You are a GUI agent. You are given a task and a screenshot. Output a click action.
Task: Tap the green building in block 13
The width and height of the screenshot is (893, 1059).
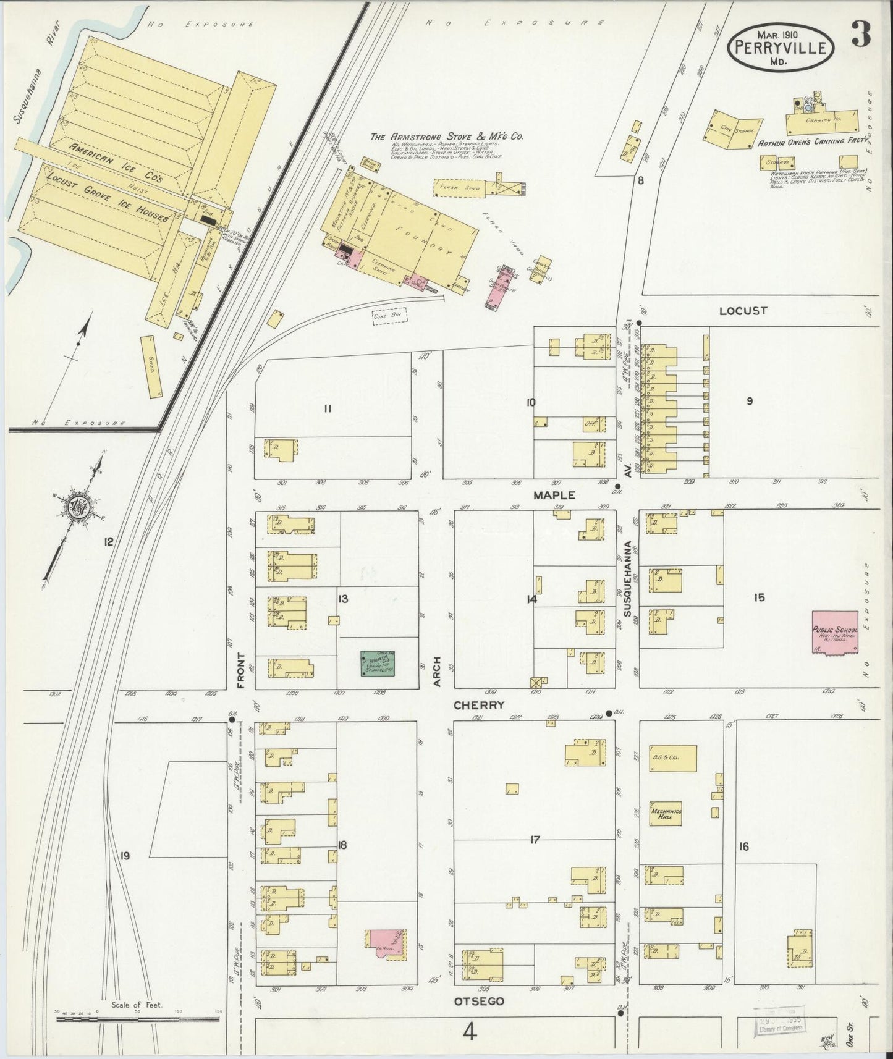pyautogui.click(x=378, y=664)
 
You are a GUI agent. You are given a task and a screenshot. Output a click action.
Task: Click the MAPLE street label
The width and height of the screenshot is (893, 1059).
pyautogui.click(x=554, y=495)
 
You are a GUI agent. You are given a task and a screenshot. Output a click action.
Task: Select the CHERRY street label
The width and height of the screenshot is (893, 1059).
pyautogui.click(x=479, y=705)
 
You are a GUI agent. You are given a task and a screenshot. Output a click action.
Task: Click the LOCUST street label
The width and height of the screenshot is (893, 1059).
pyautogui.click(x=743, y=311)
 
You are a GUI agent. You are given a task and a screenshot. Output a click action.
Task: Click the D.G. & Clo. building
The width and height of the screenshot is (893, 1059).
pyautogui.click(x=672, y=758)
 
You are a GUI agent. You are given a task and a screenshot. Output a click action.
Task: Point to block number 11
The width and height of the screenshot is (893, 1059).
pyautogui.click(x=328, y=408)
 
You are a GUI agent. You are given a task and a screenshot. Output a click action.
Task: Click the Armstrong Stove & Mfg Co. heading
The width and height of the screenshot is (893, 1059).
pyautogui.click(x=446, y=137)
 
